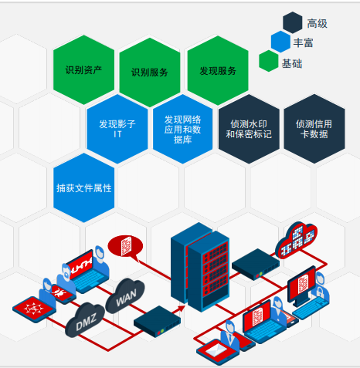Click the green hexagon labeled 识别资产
coord(83,69)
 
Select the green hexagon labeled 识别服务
coord(150,72)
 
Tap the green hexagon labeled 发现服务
coord(218,70)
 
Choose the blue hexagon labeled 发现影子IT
coord(117,129)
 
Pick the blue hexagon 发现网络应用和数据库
coord(183,129)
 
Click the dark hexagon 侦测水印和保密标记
coord(249,129)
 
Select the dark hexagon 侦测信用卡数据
coord(314,129)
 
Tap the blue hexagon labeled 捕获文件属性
coord(84,188)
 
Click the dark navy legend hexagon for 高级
coord(293,22)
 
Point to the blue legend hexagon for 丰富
coord(280,42)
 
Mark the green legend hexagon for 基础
coord(269,61)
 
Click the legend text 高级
coord(317,24)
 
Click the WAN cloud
coord(125,296)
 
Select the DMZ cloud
coord(85,319)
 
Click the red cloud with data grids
coord(296,240)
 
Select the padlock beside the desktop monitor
coord(320,292)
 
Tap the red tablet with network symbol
coord(34,309)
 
